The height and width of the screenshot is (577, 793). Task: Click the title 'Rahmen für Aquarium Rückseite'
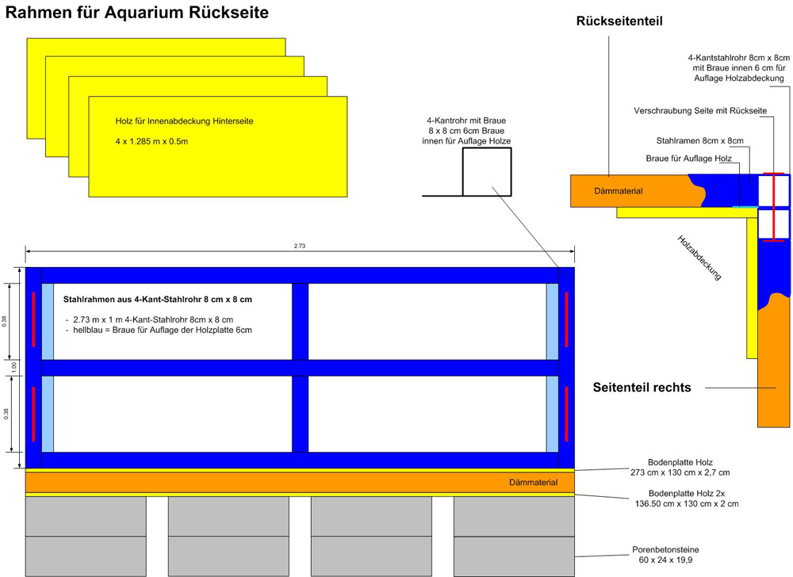[136, 12]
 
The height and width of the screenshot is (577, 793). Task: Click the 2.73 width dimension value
[300, 246]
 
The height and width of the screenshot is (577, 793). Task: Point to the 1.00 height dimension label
[14, 367]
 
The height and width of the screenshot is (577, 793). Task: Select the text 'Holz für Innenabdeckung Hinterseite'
[184, 121]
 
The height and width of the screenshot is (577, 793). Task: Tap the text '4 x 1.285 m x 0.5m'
[151, 141]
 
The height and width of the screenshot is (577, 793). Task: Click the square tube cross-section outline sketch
[487, 172]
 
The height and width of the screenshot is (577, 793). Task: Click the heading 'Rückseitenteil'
[619, 21]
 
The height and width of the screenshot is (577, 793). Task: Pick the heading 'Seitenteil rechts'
[642, 388]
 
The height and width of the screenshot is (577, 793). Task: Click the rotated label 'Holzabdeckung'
[699, 258]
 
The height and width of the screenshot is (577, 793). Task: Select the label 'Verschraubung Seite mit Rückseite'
[700, 111]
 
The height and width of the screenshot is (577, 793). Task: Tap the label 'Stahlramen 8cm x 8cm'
[700, 141]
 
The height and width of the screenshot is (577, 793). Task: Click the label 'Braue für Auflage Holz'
[689, 159]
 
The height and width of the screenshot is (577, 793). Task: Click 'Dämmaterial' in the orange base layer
[533, 483]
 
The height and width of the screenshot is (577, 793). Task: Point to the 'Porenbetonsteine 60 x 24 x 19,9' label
[665, 555]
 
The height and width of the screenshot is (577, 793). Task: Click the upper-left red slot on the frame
[34, 319]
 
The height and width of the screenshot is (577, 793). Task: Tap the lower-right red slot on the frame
[566, 414]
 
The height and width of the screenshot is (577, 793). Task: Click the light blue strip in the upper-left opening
[48, 321]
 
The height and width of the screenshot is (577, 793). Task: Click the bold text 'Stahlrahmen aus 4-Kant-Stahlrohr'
[132, 300]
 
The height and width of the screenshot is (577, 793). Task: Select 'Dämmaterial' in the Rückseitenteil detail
[619, 191]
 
